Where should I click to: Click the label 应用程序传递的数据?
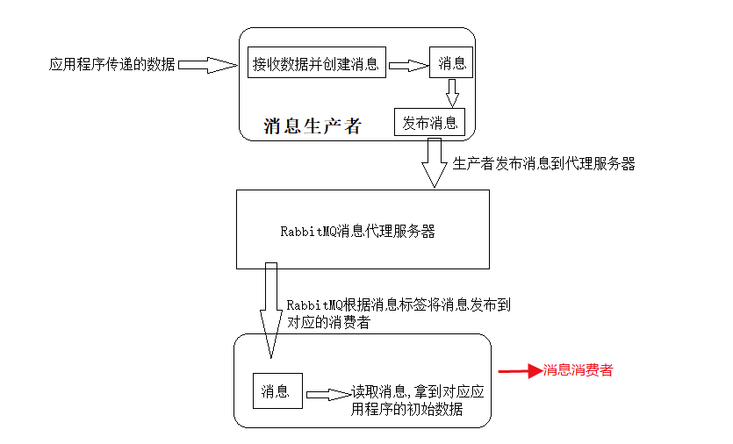[x=112, y=64]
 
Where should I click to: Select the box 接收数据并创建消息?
[x=316, y=64]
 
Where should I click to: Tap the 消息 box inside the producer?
[x=451, y=63]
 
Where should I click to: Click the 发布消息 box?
[x=430, y=123]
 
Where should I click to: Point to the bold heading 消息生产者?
[x=313, y=125]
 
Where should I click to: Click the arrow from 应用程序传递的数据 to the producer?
[x=209, y=64]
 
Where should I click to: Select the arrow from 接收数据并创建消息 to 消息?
[x=407, y=64]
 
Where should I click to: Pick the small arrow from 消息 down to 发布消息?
[x=452, y=93]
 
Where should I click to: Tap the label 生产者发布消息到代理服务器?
[x=543, y=164]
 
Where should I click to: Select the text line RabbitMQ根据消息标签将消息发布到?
[x=399, y=305]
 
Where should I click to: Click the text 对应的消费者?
[x=328, y=323]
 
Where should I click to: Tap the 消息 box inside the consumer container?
[x=276, y=391]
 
